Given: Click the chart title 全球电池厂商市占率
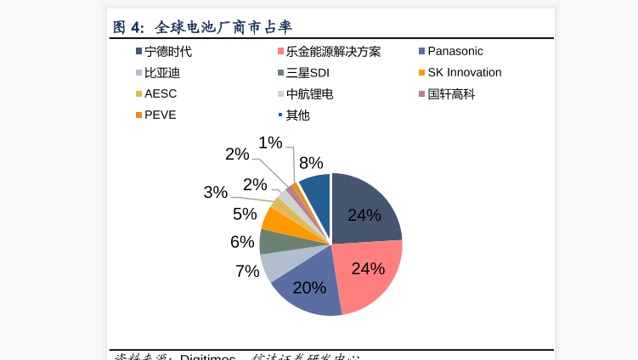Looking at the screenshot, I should [x=223, y=27].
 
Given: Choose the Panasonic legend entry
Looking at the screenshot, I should [x=455, y=51].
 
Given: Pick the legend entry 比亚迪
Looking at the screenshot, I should [x=161, y=73].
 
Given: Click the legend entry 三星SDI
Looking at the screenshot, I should [x=307, y=73].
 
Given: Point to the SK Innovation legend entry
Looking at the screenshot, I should [x=464, y=72].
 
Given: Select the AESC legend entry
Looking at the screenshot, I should [x=160, y=93].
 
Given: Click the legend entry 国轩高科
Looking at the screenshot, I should [x=450, y=94].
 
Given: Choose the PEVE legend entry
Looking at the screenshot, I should [x=160, y=115].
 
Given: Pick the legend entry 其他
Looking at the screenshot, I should [x=297, y=115].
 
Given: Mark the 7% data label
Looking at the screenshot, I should [x=247, y=271].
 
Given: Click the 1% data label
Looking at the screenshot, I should [x=270, y=143].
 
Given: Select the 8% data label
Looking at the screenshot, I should [x=311, y=163].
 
